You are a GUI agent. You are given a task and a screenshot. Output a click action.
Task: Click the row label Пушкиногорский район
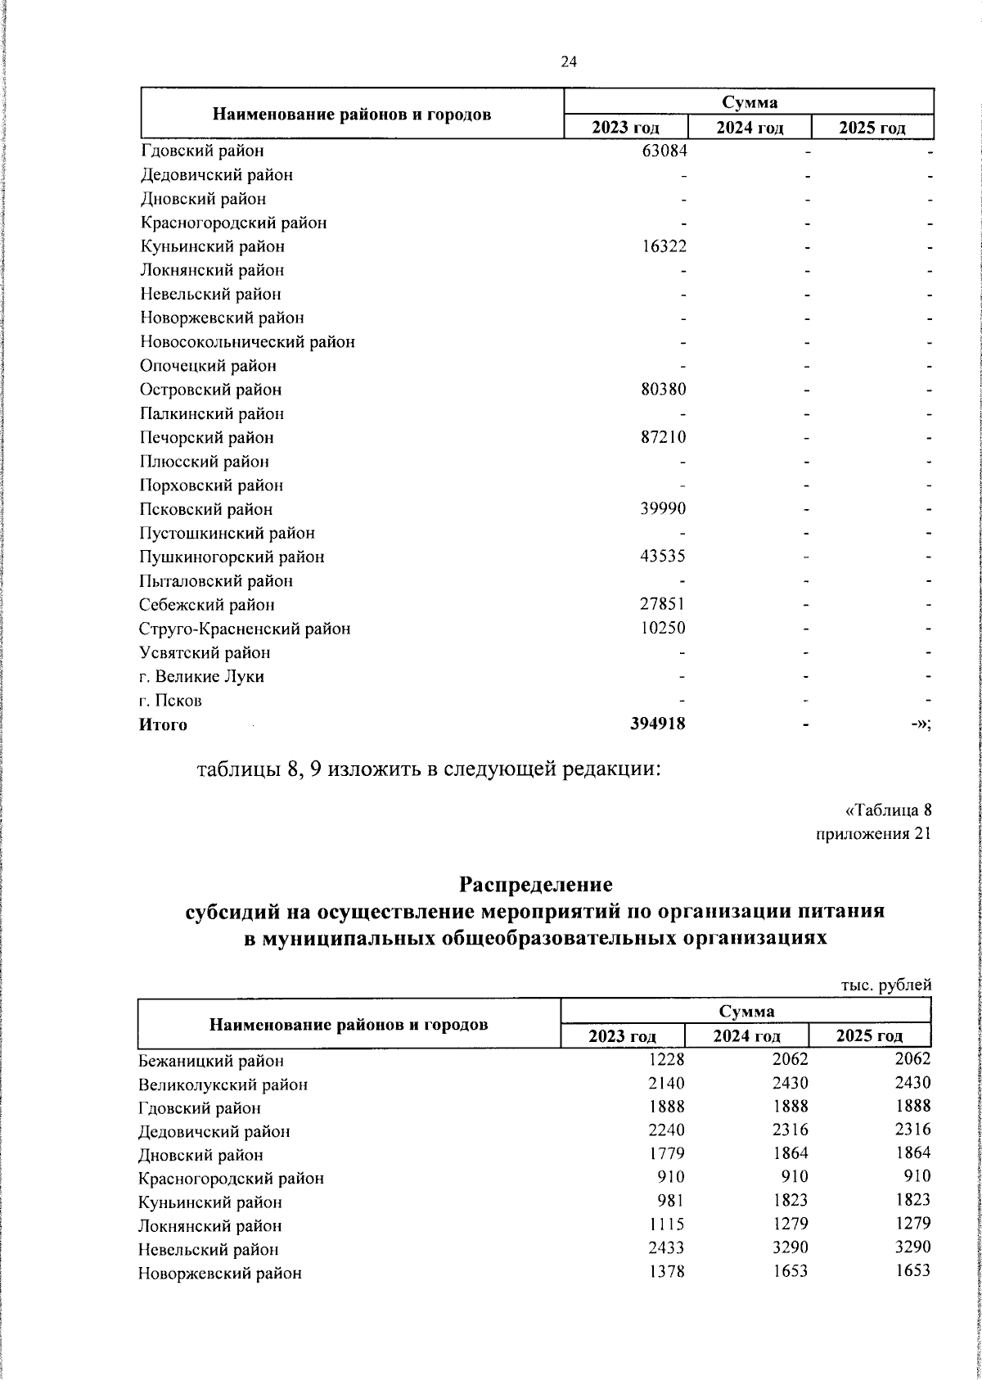232,557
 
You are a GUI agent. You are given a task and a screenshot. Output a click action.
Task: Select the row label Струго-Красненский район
245,629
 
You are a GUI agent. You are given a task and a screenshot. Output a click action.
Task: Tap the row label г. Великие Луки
201,677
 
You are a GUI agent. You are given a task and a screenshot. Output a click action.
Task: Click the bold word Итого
163,725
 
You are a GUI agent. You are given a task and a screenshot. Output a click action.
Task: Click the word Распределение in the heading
535,885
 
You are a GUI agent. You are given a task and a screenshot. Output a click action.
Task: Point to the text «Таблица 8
888,811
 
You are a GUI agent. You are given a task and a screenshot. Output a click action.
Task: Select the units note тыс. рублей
886,986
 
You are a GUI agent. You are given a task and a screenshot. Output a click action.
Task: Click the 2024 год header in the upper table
750,128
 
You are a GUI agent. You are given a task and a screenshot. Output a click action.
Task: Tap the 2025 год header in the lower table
869,1036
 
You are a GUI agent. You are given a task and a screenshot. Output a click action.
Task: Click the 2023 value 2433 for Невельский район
664,1250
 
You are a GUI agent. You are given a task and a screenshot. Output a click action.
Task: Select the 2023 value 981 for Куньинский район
669,1202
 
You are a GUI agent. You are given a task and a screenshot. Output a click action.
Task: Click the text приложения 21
874,835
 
